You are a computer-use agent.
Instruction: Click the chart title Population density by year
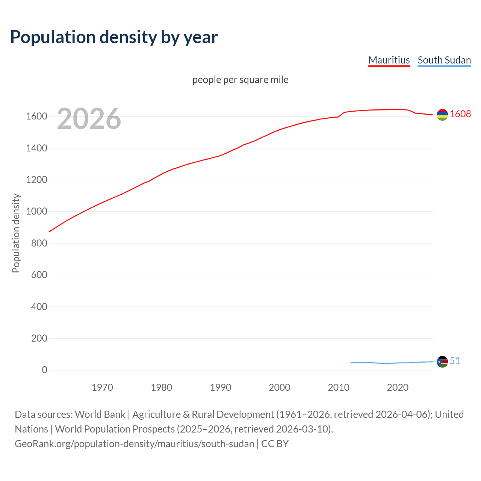click(x=114, y=37)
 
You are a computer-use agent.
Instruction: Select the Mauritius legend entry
click(x=389, y=60)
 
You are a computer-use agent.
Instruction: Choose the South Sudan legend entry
click(x=444, y=60)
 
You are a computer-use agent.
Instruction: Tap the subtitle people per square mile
click(x=240, y=80)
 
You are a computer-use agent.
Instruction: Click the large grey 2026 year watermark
click(x=89, y=119)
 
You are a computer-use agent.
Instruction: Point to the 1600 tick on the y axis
click(x=36, y=116)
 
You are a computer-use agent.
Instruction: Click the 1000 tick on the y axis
click(x=36, y=212)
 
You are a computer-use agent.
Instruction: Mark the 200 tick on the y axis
click(x=39, y=338)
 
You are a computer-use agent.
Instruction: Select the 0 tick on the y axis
click(x=45, y=370)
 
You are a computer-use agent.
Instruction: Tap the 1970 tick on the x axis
click(x=102, y=387)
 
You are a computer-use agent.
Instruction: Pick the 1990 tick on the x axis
click(x=221, y=387)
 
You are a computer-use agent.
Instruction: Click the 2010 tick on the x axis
click(x=339, y=387)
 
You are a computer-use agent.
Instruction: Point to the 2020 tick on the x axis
click(x=398, y=387)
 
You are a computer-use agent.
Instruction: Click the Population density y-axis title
click(x=16, y=233)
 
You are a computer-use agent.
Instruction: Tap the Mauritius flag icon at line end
click(x=442, y=115)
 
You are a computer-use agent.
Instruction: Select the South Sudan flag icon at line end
click(x=442, y=362)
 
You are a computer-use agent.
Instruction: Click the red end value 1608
click(x=460, y=114)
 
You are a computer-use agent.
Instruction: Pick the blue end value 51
click(x=455, y=361)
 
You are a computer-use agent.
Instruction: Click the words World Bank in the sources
click(x=100, y=414)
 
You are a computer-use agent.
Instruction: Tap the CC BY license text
click(x=275, y=443)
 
